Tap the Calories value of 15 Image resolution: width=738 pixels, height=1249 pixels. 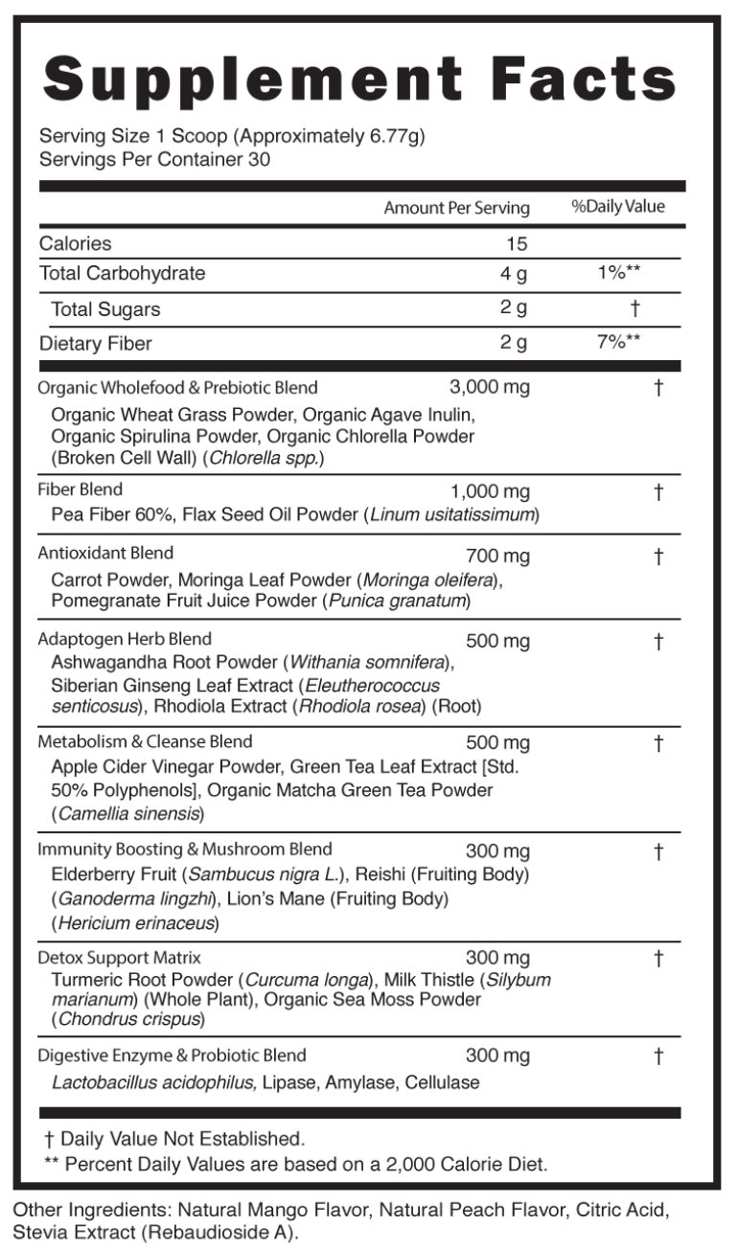pyautogui.click(x=517, y=244)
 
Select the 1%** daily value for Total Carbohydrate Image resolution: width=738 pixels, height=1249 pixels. pyautogui.click(x=618, y=273)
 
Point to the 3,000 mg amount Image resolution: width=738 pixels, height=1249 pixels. pyautogui.click(x=489, y=387)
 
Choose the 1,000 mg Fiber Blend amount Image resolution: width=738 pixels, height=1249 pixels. pyautogui.click(x=490, y=491)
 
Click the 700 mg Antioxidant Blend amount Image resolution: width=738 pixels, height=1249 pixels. pyautogui.click(x=497, y=556)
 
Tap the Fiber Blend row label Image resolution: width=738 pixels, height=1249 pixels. pyautogui.click(x=81, y=489)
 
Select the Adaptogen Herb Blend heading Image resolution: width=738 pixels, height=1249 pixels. pyautogui.click(x=125, y=639)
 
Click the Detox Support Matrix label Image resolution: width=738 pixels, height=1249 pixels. pyautogui.click(x=119, y=957)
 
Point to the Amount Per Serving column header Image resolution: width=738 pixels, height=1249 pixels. pyautogui.click(x=456, y=208)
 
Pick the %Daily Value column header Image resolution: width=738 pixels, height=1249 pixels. pyautogui.click(x=617, y=207)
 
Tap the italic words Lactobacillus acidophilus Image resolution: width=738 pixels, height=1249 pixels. pyautogui.click(x=153, y=1082)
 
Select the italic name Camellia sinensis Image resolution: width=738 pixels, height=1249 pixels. pyautogui.click(x=128, y=814)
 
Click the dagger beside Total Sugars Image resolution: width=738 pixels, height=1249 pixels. pyautogui.click(x=634, y=308)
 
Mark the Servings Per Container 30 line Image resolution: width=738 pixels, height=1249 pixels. pyautogui.click(x=154, y=159)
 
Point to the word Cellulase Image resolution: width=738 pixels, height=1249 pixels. pyautogui.click(x=442, y=1082)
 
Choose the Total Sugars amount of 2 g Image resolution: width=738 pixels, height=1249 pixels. pyautogui.click(x=514, y=308)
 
